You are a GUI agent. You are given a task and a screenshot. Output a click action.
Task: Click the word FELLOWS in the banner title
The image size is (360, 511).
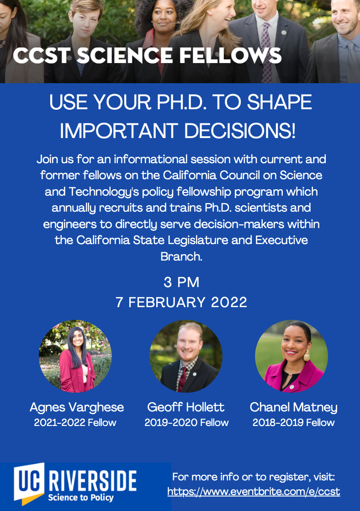(x=230, y=56)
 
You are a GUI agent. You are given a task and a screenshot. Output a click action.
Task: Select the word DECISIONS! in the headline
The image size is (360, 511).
(x=240, y=131)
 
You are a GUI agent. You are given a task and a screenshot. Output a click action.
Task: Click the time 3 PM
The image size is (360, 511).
(x=181, y=282)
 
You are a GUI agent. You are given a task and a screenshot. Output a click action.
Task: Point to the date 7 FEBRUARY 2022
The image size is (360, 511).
(x=181, y=303)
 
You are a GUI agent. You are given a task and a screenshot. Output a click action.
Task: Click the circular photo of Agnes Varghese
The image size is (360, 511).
(x=75, y=356)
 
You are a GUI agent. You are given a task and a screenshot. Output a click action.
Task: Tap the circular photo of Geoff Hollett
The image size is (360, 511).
(x=186, y=356)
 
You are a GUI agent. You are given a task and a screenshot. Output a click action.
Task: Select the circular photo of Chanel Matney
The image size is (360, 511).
(x=291, y=356)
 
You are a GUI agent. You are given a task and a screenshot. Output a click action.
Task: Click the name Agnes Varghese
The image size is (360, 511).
(x=77, y=408)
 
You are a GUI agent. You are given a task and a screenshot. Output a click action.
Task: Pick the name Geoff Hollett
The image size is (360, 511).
(x=185, y=407)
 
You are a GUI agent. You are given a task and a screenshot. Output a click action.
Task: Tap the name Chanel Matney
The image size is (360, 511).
(x=294, y=408)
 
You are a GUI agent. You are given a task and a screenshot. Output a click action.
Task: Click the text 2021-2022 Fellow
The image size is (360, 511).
(x=75, y=423)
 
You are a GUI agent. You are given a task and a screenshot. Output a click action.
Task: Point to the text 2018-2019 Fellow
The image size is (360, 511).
(x=294, y=423)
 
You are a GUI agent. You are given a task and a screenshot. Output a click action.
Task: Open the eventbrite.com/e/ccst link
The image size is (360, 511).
(x=254, y=491)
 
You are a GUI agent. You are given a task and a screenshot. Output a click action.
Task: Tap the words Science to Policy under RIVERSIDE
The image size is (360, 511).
(x=81, y=498)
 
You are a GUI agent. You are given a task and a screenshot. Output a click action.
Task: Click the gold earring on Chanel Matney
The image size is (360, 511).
(x=307, y=356)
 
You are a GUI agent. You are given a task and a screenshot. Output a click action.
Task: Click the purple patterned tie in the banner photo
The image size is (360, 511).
(x=266, y=52)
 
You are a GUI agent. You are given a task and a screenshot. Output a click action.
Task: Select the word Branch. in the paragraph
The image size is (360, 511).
(x=181, y=256)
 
